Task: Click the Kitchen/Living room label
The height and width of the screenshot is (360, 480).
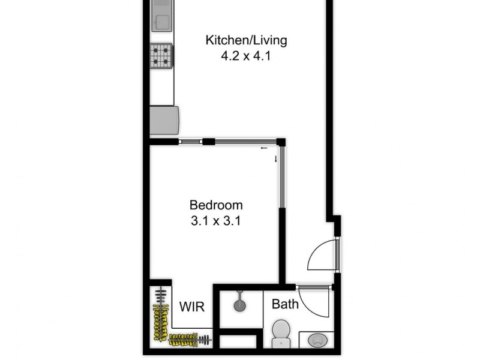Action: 246,41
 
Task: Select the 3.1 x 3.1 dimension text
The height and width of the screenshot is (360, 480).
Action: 216,220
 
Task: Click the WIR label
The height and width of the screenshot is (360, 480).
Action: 192,307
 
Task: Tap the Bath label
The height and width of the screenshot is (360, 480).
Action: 285,304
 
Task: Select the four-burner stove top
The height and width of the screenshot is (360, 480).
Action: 161,56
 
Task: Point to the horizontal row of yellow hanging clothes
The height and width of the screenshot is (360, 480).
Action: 190,341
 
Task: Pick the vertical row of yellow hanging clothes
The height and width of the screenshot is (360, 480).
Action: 161,318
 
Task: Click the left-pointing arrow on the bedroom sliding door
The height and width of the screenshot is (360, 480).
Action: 264,148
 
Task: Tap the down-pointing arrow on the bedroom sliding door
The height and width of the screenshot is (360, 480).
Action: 275,158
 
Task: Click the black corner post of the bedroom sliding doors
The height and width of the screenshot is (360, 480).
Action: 281,142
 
